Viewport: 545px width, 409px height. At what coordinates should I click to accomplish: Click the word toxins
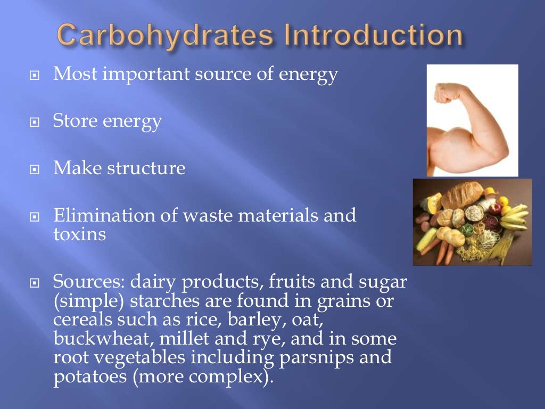(80, 234)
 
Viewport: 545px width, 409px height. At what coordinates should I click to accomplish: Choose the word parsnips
(309, 357)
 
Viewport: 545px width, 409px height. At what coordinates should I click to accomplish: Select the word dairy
(153, 282)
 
